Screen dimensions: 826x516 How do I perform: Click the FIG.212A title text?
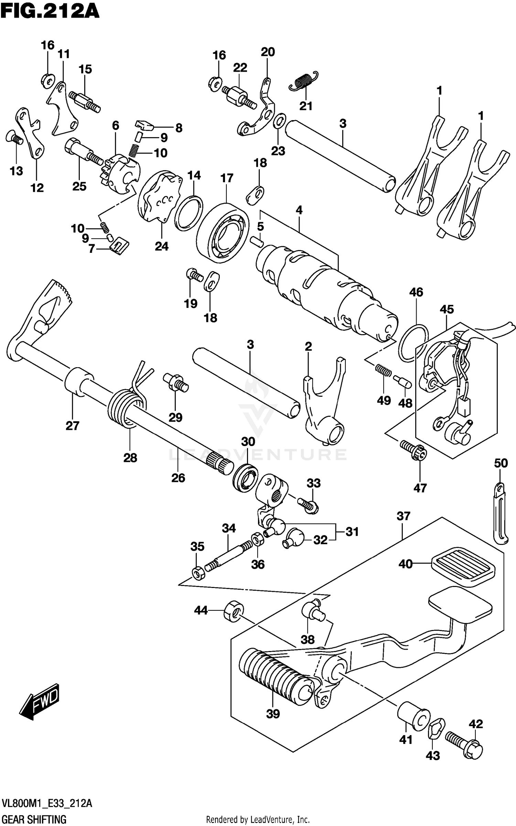pos(50,11)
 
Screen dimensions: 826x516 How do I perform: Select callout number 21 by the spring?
pos(306,105)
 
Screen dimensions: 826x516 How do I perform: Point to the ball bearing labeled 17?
pos(223,233)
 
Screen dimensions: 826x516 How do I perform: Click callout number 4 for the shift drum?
pos(299,210)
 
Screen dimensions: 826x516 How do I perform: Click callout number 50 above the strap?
pos(501,463)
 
